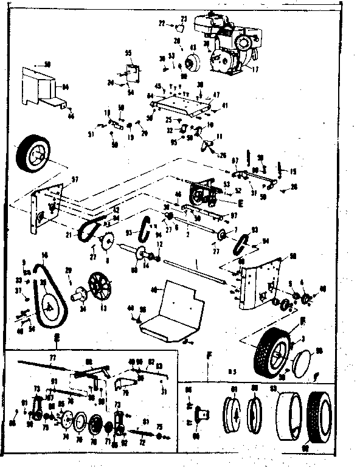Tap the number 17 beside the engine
(255, 69)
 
